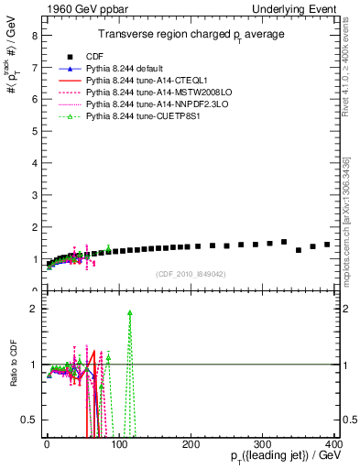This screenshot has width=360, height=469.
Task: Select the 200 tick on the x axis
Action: (x=191, y=443)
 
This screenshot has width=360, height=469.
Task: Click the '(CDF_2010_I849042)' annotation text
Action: (x=189, y=273)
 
